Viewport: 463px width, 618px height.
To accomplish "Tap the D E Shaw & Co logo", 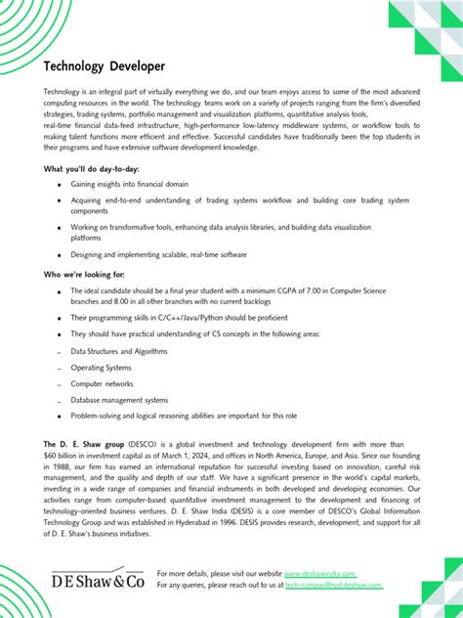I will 97,580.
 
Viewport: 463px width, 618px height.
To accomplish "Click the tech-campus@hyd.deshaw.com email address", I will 334,585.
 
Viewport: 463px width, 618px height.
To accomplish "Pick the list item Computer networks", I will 102,383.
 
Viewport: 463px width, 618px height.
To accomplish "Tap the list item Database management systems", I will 119,400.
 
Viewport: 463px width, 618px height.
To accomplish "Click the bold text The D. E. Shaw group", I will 84,444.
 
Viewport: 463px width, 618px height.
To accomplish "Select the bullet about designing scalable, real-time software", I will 158,254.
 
